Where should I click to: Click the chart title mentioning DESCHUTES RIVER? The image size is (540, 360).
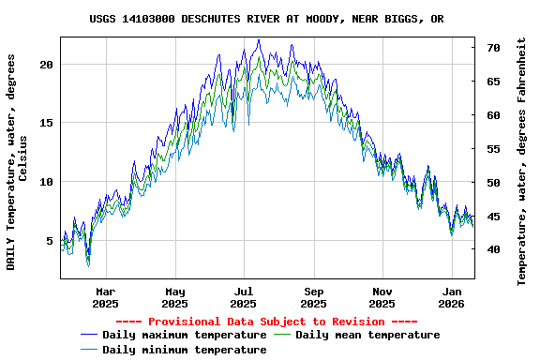click(x=267, y=19)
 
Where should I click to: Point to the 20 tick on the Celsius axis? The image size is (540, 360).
click(x=47, y=65)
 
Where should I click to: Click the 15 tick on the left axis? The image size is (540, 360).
click(x=47, y=123)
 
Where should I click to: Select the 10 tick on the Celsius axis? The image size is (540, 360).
click(x=47, y=182)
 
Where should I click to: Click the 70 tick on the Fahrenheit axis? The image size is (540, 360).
click(x=493, y=47)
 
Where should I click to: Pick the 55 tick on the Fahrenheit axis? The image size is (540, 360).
click(x=493, y=149)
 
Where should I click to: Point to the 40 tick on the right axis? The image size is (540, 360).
click(x=493, y=249)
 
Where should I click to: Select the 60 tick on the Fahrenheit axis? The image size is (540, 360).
click(x=493, y=115)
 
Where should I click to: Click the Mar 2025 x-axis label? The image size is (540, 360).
click(x=106, y=297)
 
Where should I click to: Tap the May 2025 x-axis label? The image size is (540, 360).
click(x=174, y=297)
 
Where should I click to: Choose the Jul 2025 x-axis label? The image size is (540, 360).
click(x=244, y=297)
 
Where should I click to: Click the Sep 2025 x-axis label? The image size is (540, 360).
click(x=314, y=297)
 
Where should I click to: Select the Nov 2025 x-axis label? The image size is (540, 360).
click(x=382, y=297)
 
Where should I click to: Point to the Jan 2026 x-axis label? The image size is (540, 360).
click(x=452, y=297)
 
